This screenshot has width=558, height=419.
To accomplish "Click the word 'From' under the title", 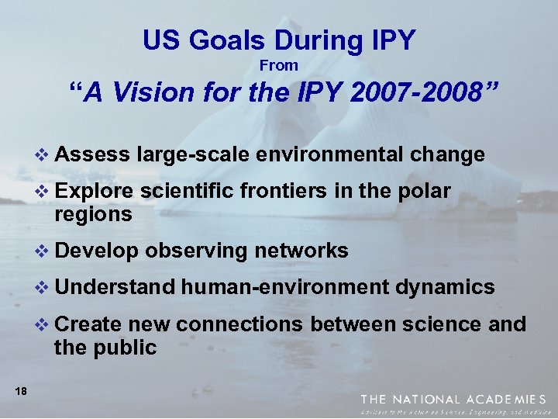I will pos(279,66).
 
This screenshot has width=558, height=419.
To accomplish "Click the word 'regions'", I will pos(93,214).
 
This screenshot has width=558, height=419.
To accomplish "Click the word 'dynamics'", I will pos(445,288).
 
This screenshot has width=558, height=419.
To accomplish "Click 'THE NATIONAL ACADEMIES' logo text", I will pos(453,399).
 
